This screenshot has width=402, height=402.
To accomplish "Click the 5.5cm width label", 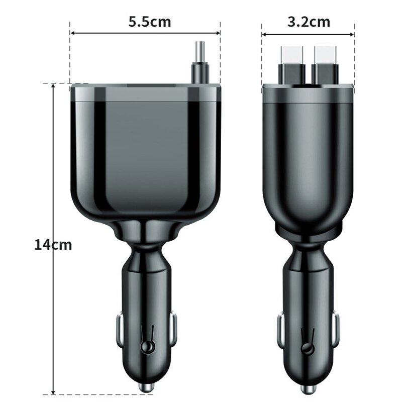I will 149,22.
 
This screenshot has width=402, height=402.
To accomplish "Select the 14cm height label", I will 53,245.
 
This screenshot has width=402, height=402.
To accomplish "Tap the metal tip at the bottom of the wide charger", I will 146,388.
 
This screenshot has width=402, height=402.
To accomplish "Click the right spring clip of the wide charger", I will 173,329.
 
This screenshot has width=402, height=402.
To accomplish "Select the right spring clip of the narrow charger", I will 335,329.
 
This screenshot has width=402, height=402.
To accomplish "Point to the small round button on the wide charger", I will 147,347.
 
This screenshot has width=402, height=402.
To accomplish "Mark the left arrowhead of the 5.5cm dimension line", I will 72,34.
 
